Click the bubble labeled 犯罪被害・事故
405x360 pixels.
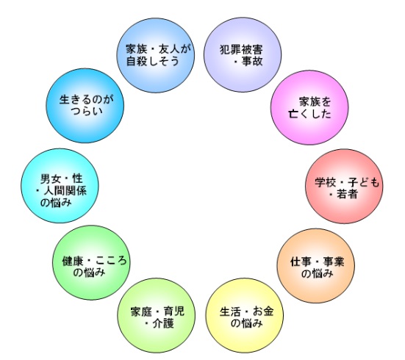pos(243,54)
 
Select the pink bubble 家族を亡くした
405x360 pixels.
pos(309,107)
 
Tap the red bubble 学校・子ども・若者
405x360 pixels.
pos(344,186)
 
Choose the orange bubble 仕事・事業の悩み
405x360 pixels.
pos(316,265)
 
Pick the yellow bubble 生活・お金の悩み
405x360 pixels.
pos(245,315)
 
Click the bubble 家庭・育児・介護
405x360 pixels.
pos(157,315)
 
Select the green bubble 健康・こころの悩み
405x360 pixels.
pos(91,262)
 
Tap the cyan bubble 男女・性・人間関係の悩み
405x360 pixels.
pos(60,186)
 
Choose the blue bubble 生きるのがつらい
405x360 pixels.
pos(85,106)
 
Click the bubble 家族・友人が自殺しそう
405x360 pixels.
pos(156,55)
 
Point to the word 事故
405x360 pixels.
pos(252,61)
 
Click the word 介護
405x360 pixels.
pos(163,323)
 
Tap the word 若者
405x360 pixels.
pos(348,194)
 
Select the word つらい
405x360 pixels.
pos(87,111)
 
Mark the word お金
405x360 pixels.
pos(263,312)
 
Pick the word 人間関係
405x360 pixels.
pos(65,191)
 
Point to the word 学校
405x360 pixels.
pos(325,183)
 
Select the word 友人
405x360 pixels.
pos(169,49)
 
